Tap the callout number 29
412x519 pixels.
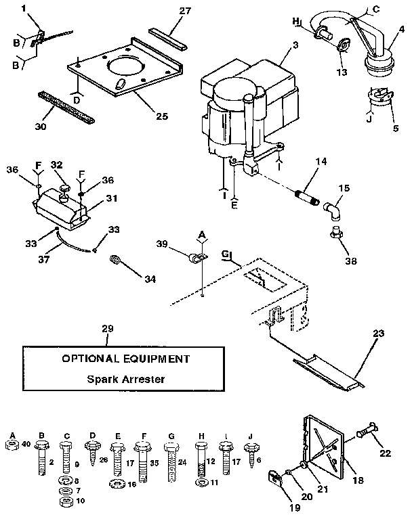[x=108, y=328]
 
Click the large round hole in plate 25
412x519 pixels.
[x=125, y=67]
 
